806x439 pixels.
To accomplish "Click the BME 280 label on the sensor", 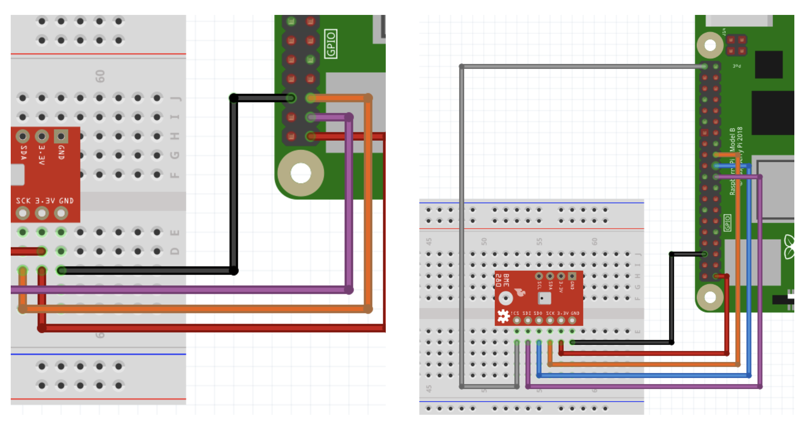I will tap(502, 280).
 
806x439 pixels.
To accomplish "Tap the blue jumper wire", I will tap(644, 375).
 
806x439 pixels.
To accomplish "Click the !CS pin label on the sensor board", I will tap(515, 313).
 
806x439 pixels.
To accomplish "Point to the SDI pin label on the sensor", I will tap(527, 313).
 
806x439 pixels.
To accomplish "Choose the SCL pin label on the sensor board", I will tap(539, 285).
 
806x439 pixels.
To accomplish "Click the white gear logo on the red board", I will tap(503, 316).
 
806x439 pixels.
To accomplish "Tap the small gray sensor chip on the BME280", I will tap(544, 298).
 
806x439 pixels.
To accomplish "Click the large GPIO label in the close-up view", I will tap(331, 44).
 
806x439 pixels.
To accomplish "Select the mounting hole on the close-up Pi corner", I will tap(301, 173).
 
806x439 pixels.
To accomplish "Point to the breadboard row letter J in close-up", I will tap(175, 98).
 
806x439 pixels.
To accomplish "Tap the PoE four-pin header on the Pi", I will tap(736, 45).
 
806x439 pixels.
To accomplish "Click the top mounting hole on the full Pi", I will tap(710, 45).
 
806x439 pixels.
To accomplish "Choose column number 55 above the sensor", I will tap(539, 241).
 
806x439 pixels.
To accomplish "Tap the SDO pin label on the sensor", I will tap(538, 313).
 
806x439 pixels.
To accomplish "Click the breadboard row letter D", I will tap(175, 252).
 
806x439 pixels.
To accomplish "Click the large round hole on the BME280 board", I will tap(505, 298).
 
